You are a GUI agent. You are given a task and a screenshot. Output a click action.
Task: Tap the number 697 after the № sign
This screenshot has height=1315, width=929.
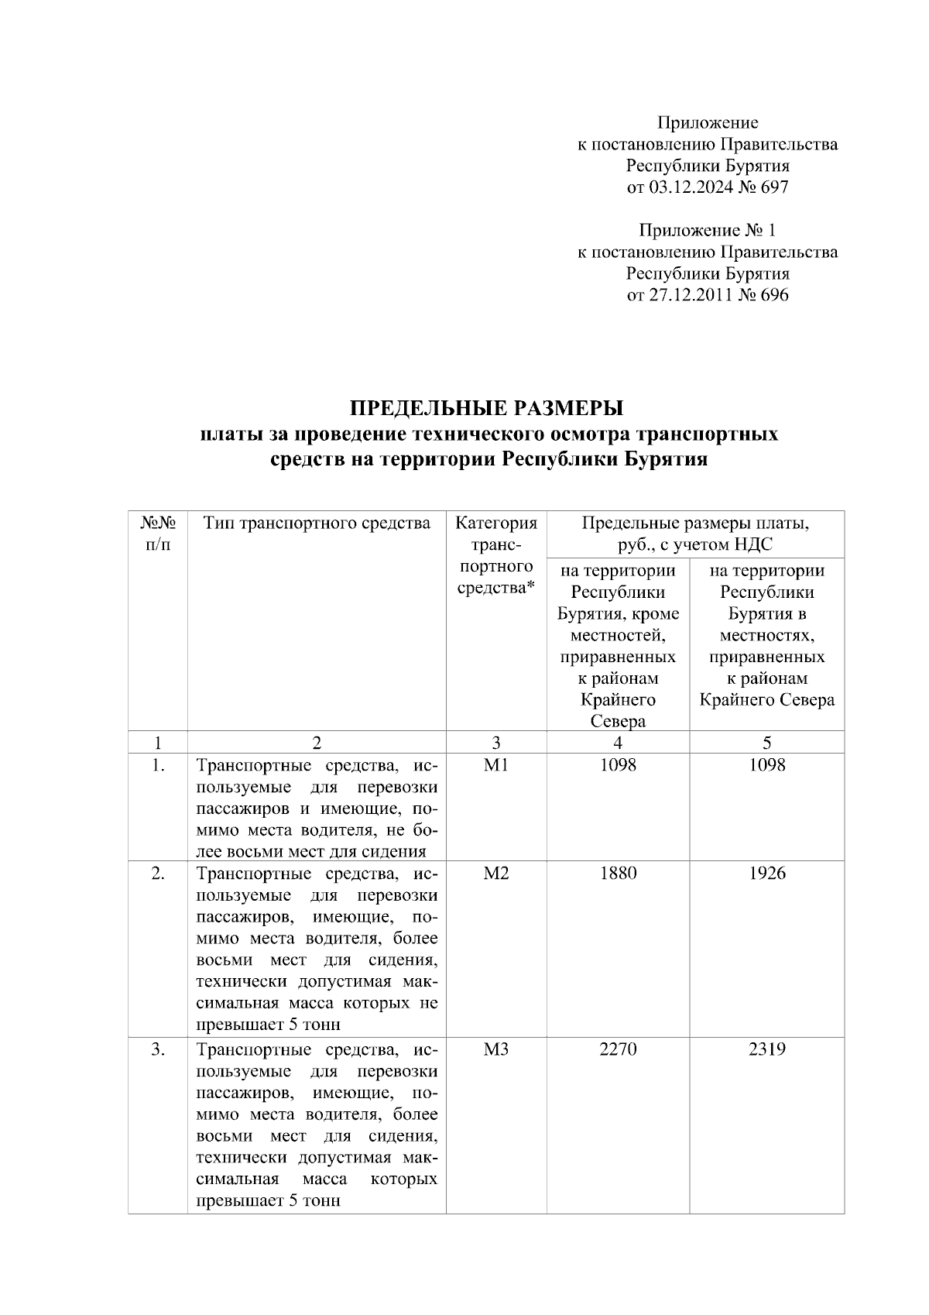tap(775, 187)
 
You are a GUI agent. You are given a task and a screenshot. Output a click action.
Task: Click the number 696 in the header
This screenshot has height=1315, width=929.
tap(775, 294)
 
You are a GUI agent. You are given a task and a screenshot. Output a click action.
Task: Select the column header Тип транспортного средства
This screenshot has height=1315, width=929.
tap(317, 524)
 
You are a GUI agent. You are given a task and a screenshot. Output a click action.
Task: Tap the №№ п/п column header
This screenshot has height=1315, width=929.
tap(158, 534)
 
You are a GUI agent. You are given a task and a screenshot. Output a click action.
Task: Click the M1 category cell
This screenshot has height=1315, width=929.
tap(495, 765)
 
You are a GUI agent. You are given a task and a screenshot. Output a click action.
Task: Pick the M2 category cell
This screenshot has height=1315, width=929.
tap(495, 874)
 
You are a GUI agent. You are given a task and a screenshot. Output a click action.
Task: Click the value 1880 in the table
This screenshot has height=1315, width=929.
tap(618, 874)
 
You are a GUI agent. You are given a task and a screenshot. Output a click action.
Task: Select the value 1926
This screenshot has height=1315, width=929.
tap(766, 874)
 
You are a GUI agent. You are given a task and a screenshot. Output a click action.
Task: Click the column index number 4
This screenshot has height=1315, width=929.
tap(618, 743)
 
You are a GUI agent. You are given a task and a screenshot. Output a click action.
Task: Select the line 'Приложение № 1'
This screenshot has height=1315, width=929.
tap(707, 230)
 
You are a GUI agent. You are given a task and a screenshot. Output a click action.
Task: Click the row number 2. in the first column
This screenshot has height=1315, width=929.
tap(158, 874)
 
